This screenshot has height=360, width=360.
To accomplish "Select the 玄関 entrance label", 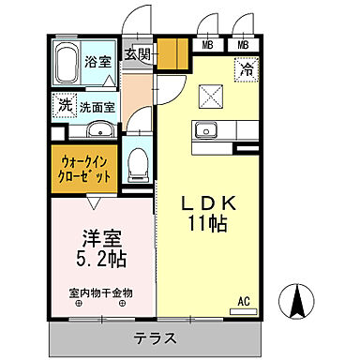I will (137, 54).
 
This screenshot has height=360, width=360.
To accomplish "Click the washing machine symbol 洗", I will (65, 106).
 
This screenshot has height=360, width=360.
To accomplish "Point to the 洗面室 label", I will (97, 107).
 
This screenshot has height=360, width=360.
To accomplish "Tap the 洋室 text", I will (98, 236).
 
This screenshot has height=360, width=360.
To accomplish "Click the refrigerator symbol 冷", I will (246, 68).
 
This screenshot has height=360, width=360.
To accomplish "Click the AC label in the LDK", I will (242, 300).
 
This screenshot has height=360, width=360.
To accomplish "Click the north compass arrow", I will (299, 300).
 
